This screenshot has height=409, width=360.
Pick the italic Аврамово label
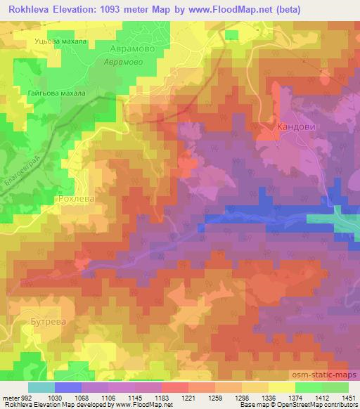pyautogui.click(x=124, y=62)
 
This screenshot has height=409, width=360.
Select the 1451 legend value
pyautogui.click(x=348, y=397)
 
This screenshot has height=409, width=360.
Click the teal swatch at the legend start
pyautogui.click(x=41, y=387)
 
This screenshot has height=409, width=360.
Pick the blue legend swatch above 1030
pyautogui.click(x=67, y=387)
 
